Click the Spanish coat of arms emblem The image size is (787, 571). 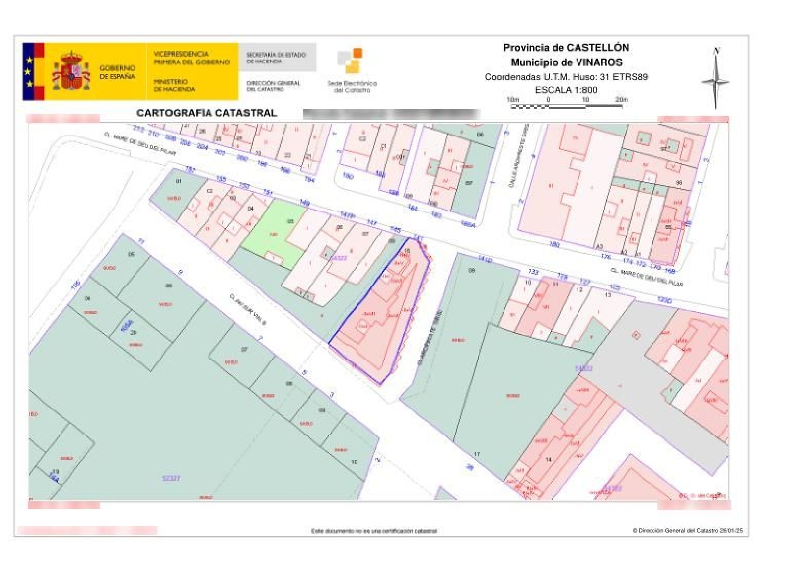[x=71, y=71]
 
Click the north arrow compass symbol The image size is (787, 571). [x=716, y=79]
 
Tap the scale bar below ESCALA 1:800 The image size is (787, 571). [x=567, y=106]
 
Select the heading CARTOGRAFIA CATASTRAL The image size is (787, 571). [x=207, y=113]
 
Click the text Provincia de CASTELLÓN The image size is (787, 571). [x=566, y=48]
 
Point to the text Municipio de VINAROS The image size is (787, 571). [x=566, y=62]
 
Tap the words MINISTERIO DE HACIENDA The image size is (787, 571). [x=174, y=85]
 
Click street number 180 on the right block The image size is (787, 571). [x=554, y=244]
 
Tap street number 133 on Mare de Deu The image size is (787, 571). [x=533, y=272]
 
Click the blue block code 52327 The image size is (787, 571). [x=171, y=478]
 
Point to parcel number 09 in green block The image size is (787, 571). [x=471, y=271]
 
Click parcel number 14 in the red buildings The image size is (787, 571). [x=549, y=459]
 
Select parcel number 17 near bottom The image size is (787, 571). [x=476, y=454]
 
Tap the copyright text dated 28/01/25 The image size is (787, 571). [x=687, y=531]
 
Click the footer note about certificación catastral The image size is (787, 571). [x=374, y=531]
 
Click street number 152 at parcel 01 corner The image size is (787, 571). [x=190, y=170]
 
